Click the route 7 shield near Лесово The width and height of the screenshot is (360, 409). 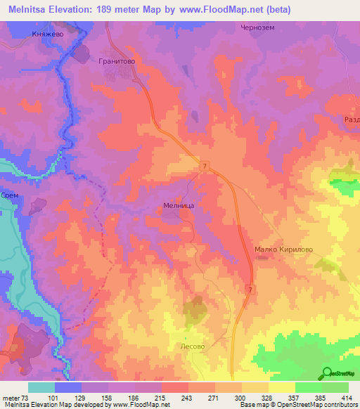250,290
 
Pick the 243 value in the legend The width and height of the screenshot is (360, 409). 186,397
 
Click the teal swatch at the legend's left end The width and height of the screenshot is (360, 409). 41,387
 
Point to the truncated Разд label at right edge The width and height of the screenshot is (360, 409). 351,120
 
